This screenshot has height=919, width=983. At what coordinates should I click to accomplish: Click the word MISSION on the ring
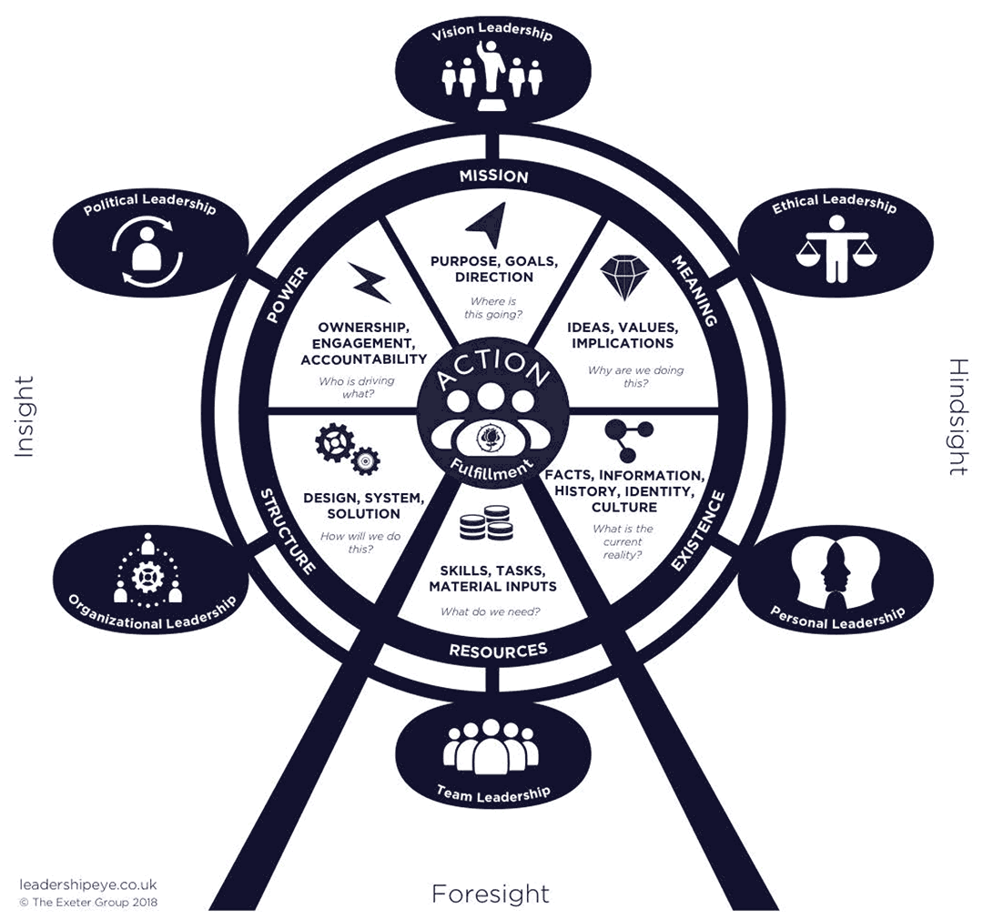(493, 177)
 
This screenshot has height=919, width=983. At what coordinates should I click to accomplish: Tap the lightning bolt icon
(370, 283)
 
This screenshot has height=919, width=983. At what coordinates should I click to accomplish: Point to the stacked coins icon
(486, 523)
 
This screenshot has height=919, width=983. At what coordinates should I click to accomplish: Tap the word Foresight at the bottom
(491, 894)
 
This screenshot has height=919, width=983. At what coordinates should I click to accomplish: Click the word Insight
(23, 416)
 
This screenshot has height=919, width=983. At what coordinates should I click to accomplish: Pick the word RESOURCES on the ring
(499, 650)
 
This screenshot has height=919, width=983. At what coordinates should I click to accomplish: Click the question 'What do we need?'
(490, 611)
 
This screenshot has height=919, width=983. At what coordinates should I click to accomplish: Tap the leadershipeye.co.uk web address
(87, 885)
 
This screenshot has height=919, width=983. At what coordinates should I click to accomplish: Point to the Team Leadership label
(492, 793)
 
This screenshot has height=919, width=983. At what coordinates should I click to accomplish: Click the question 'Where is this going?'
(493, 308)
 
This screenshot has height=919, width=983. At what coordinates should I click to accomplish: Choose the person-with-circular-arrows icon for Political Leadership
(147, 249)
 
